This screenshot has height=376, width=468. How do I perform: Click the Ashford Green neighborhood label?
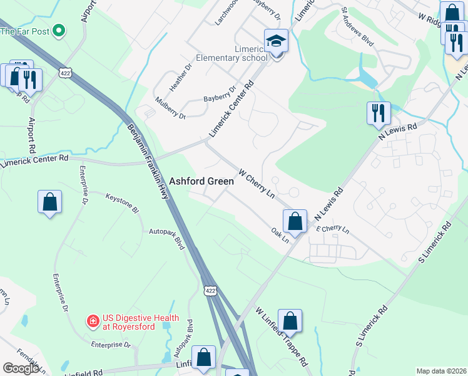pyautogui.click(x=201, y=181)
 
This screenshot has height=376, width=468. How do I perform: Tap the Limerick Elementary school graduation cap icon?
pyautogui.click(x=276, y=41)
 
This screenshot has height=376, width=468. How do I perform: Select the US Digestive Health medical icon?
pyautogui.click(x=93, y=321)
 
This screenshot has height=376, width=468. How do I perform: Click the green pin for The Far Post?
pyautogui.click(x=59, y=29)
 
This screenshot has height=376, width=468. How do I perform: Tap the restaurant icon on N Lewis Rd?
pyautogui.click(x=379, y=113)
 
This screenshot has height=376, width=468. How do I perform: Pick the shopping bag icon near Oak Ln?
pyautogui.click(x=295, y=221)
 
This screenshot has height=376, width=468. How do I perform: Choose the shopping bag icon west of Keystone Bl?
pyautogui.click(x=50, y=202)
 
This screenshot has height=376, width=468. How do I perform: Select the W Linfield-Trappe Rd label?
pyautogui.click(x=282, y=337)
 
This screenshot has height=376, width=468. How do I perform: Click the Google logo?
pyautogui.click(x=21, y=368)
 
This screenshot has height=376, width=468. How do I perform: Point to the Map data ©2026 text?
pyautogui.click(x=440, y=371)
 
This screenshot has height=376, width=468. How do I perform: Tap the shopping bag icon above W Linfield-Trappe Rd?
pyautogui.click(x=290, y=321)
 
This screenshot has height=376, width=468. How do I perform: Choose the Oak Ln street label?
pyautogui.click(x=280, y=235)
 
